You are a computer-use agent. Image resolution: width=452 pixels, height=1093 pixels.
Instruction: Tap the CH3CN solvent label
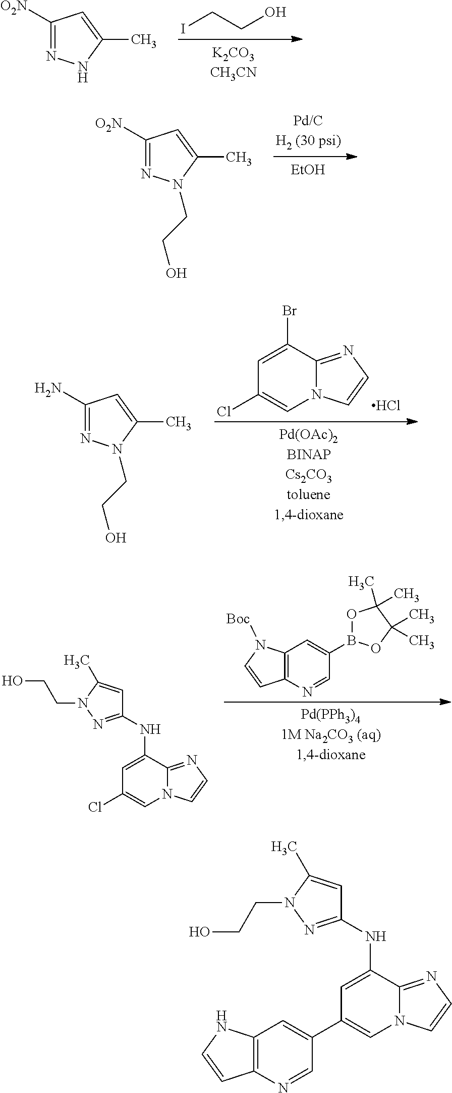click(x=233, y=72)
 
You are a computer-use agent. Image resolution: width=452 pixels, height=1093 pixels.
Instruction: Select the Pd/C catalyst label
click(x=308, y=121)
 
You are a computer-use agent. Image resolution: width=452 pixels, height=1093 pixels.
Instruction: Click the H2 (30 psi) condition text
click(x=308, y=141)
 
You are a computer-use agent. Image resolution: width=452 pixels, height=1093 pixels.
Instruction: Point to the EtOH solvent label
click(x=308, y=170)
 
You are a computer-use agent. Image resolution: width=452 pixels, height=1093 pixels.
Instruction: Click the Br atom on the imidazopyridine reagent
click(x=289, y=311)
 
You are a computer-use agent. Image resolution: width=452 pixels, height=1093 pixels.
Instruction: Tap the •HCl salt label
click(x=385, y=406)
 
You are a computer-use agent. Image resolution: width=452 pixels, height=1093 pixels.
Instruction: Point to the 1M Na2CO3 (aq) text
click(x=331, y=735)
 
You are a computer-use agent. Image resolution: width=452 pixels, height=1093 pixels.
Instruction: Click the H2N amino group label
click(x=47, y=389)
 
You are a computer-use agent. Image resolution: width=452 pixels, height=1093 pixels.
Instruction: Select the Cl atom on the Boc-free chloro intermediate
click(x=95, y=807)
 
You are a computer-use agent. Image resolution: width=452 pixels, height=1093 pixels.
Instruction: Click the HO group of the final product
click(x=199, y=932)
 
